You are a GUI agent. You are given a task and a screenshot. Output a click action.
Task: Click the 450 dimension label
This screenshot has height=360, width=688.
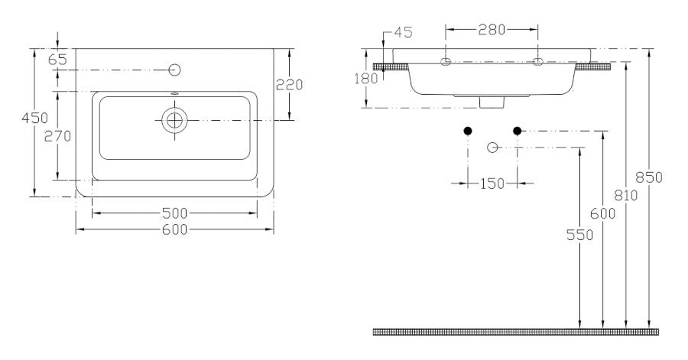point(34,118)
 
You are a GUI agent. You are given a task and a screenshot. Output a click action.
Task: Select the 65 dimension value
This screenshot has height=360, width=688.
point(57,60)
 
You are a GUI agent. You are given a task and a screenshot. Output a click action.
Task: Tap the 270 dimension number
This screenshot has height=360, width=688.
point(57,136)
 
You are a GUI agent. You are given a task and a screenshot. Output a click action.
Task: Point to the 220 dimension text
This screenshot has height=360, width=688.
point(289,85)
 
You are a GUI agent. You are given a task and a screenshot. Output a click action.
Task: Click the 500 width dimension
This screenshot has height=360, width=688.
point(174,213)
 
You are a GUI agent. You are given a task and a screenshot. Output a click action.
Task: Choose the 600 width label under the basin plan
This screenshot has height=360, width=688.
point(174,229)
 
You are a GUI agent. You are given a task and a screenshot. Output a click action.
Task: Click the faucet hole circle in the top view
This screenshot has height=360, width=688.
point(174,70)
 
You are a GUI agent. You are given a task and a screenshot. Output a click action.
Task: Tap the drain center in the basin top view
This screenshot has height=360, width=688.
point(174,120)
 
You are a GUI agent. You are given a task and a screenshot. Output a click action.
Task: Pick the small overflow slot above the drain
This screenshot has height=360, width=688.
point(174,93)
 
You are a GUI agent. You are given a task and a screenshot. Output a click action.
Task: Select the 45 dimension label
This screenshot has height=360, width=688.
point(403,32)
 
